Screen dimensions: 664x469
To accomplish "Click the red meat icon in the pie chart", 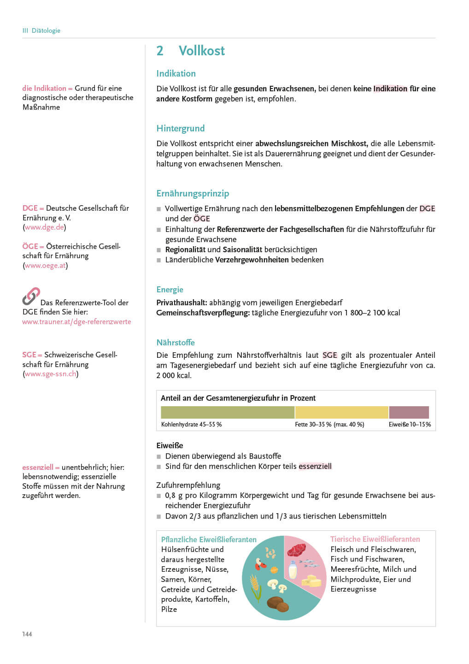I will [x=296, y=550].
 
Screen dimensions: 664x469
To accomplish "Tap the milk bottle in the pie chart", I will [x=293, y=569].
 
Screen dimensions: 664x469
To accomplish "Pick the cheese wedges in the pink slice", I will [x=312, y=581].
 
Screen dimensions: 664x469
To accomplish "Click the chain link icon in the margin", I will [x=31, y=296].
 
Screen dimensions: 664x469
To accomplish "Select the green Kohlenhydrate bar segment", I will [x=227, y=412].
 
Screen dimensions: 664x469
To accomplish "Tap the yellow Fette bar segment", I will [x=341, y=412].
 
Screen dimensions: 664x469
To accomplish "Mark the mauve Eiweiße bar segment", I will [x=409, y=412].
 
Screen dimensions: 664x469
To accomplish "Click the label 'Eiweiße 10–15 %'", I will [x=410, y=424].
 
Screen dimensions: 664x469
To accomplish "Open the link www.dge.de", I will [x=44, y=227].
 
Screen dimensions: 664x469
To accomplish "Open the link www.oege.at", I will [x=46, y=266].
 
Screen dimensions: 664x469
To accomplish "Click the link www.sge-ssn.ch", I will [x=51, y=374].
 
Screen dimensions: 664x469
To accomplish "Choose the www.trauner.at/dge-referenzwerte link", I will [x=76, y=322].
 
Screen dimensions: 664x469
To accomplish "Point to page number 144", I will [x=27, y=634].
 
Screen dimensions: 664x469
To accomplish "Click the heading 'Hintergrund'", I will [x=180, y=128].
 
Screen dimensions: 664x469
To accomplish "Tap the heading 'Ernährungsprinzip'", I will [x=193, y=193].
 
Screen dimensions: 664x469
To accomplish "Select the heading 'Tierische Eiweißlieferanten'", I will [x=375, y=539].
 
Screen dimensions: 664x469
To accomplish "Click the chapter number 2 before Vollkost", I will [x=160, y=51].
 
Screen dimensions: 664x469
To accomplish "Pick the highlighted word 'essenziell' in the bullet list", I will [x=315, y=466].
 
